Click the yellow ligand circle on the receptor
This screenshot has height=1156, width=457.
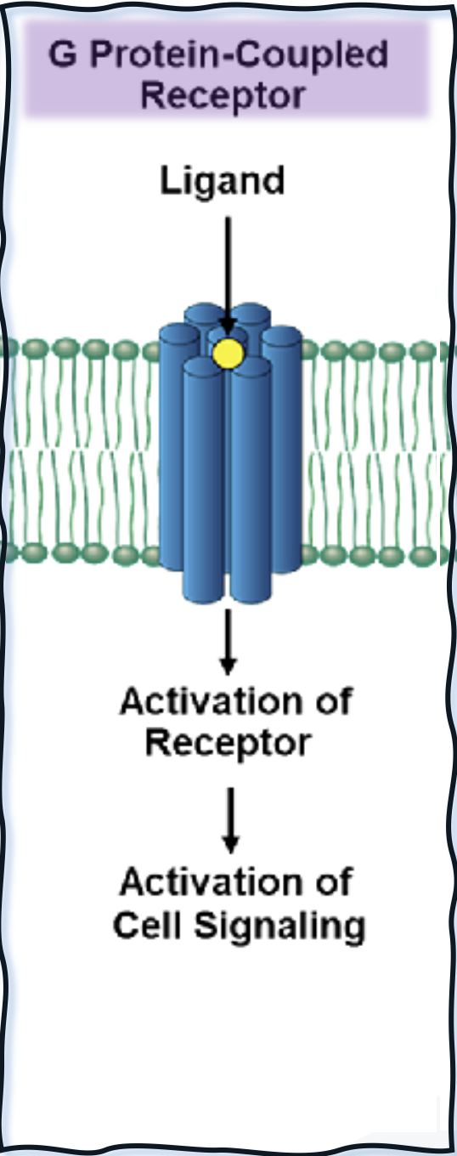(228, 354)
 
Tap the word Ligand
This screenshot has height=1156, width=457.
(223, 181)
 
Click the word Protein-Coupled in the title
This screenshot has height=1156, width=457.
(239, 54)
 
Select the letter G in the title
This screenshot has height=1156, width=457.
(62, 54)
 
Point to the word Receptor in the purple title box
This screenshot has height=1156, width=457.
(223, 96)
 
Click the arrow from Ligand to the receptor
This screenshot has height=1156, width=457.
(228, 276)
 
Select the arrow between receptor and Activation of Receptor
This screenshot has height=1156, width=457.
(228, 642)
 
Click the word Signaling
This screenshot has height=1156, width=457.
(280, 926)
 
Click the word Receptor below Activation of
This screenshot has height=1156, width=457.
(228, 744)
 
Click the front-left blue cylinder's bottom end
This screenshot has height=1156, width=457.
(204, 593)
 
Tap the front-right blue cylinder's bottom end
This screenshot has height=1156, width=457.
(251, 593)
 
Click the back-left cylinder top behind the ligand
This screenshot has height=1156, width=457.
(204, 313)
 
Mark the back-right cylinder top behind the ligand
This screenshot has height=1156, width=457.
(251, 313)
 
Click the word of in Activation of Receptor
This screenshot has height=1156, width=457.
(335, 701)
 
